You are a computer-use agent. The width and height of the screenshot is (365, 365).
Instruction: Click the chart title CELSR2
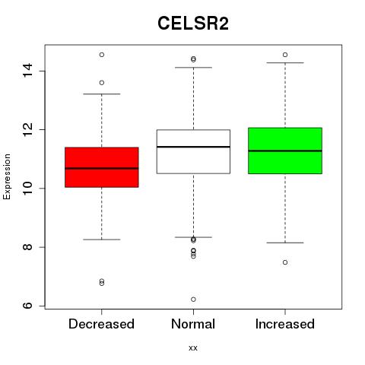click(x=193, y=24)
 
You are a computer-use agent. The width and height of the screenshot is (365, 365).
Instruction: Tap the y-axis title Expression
click(x=7, y=176)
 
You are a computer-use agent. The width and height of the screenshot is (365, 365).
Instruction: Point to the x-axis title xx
click(x=193, y=348)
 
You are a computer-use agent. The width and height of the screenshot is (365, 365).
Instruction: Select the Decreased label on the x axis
click(x=101, y=324)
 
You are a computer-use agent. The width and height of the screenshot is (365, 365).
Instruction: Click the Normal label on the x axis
click(x=193, y=324)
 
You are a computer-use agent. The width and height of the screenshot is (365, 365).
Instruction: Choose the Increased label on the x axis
click(x=285, y=324)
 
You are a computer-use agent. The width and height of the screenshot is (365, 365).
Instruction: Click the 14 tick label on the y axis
click(x=27, y=71)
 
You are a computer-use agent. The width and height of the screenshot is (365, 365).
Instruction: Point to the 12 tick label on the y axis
click(x=27, y=129)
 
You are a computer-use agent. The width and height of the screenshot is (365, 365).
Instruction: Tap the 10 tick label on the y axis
click(x=27, y=188)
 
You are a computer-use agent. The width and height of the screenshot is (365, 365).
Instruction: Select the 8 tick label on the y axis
click(x=27, y=247)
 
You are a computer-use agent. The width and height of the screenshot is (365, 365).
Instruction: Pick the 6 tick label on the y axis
click(x=27, y=306)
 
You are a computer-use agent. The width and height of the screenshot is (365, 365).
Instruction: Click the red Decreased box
click(x=102, y=167)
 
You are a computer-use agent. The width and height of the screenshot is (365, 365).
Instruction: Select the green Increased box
click(x=285, y=151)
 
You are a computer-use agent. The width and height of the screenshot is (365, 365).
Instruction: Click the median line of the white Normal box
click(x=193, y=147)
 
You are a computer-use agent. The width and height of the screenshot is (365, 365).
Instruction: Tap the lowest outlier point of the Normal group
click(x=193, y=300)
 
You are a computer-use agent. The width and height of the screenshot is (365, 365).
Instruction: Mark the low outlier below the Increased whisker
click(x=285, y=262)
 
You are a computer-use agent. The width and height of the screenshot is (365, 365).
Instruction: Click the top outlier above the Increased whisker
click(x=285, y=55)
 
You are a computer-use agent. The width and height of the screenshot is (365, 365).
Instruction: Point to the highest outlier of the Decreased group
click(x=102, y=55)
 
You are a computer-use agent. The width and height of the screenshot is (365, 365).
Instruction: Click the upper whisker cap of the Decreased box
click(x=102, y=94)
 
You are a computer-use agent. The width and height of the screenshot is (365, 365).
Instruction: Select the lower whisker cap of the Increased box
click(x=285, y=243)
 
